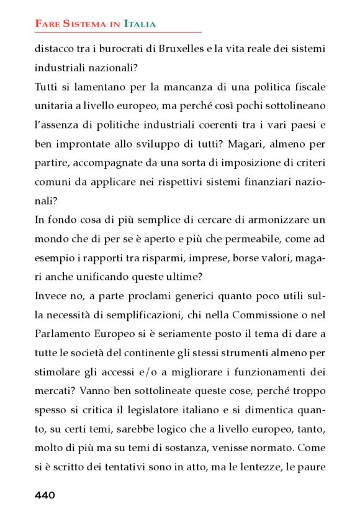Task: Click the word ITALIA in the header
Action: pos(140,24)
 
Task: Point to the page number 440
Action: pos(45,495)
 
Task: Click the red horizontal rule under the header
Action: pos(118,32)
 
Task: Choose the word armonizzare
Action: pos(281,221)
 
